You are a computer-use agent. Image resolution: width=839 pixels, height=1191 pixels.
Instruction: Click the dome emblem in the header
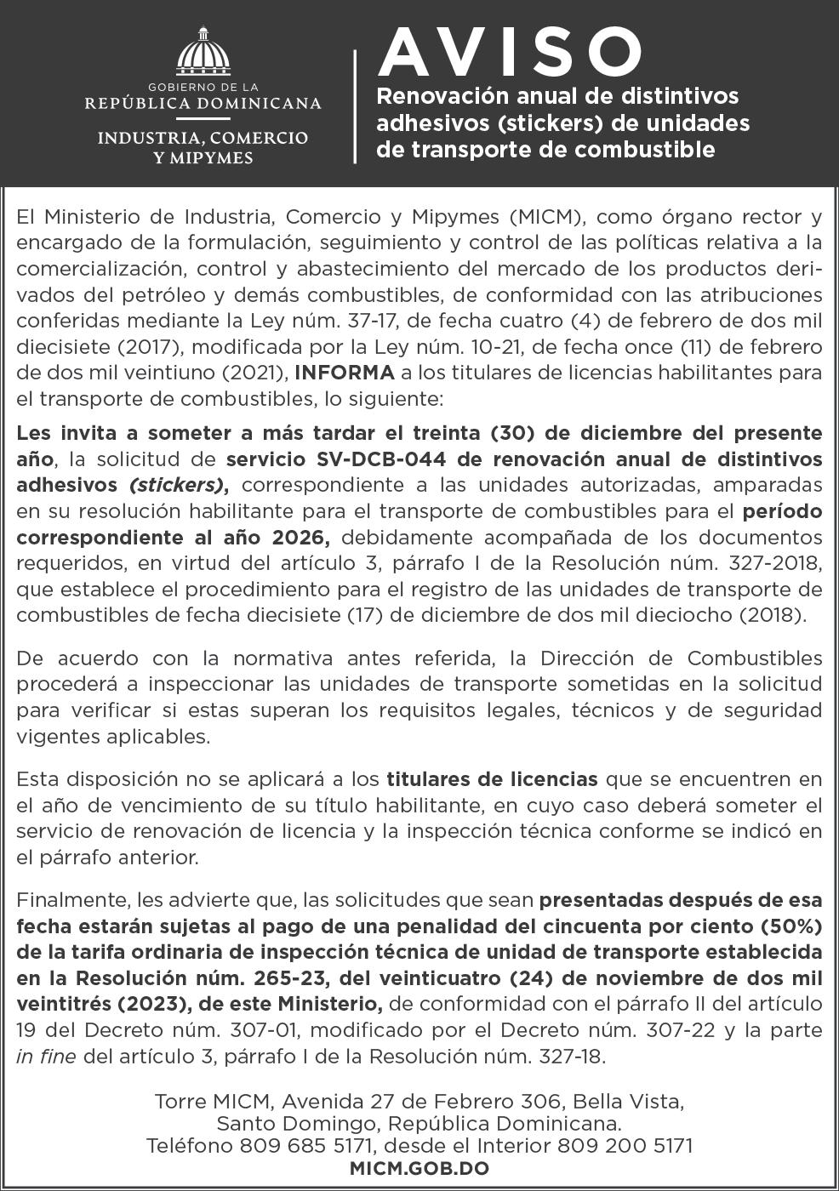(203, 53)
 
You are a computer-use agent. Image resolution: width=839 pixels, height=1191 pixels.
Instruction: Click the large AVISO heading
(509, 52)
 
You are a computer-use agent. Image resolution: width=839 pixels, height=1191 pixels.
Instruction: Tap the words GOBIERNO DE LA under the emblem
(203, 87)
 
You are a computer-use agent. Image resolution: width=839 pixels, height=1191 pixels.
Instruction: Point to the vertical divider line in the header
(355, 105)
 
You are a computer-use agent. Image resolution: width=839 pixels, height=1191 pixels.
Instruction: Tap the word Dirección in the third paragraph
(588, 658)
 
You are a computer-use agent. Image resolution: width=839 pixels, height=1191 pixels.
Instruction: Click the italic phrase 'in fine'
(46, 1057)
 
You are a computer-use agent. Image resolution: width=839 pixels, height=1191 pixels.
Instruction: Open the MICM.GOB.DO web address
(419, 1169)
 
